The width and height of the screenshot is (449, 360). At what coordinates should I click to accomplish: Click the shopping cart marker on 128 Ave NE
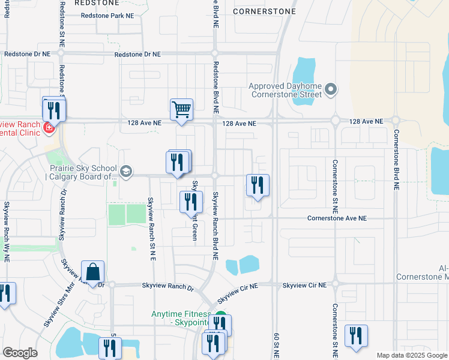click(181, 110)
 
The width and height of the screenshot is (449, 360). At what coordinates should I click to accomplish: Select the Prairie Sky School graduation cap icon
click(125, 173)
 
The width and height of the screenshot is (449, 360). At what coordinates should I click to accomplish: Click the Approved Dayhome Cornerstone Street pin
click(331, 91)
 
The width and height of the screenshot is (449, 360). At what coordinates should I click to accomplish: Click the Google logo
click(20, 352)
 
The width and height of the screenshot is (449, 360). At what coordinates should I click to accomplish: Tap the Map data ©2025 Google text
click(411, 355)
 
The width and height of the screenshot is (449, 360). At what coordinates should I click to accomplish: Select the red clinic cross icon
click(48, 127)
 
